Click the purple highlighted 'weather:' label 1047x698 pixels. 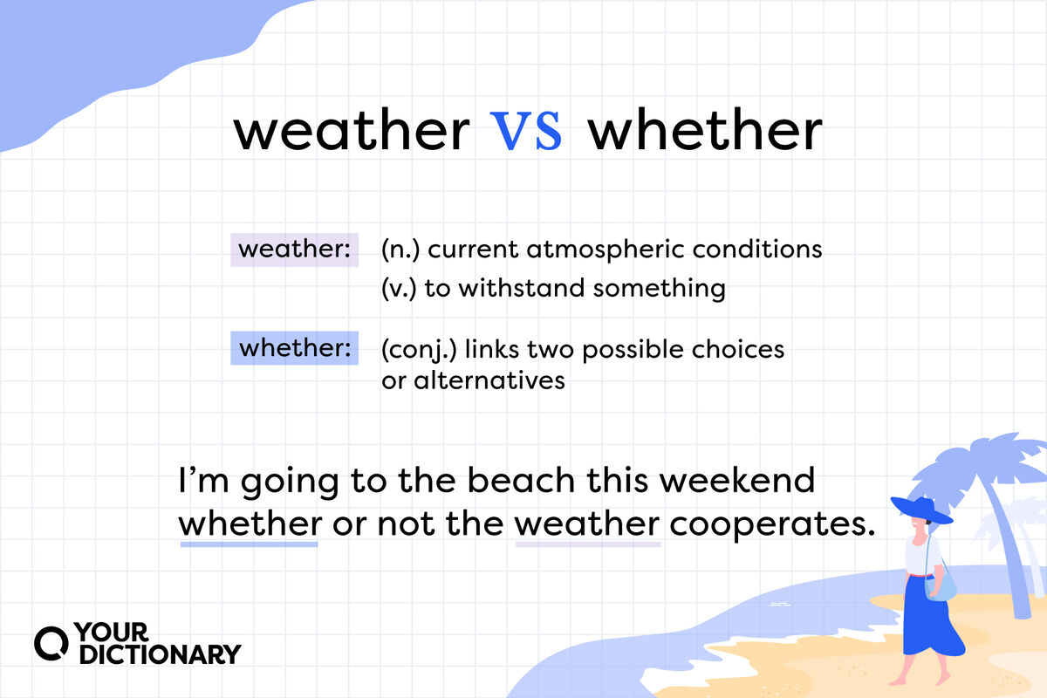tap(295, 250)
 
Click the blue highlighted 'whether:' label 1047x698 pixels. tap(295, 348)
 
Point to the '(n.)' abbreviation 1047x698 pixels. tap(400, 250)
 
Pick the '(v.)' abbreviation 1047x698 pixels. tap(399, 288)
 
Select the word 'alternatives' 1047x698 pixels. tap(489, 380)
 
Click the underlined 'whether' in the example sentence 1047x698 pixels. tap(250, 523)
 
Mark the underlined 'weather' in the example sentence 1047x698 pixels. tap(587, 523)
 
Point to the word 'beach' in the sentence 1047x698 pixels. tap(521, 480)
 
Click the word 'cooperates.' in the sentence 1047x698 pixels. tap(772, 525)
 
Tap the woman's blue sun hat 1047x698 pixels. tap(921, 510)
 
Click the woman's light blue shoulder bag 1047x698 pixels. tap(941, 588)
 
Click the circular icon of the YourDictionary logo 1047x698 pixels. tap(51, 644)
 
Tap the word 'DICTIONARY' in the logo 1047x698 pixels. tap(161, 654)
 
